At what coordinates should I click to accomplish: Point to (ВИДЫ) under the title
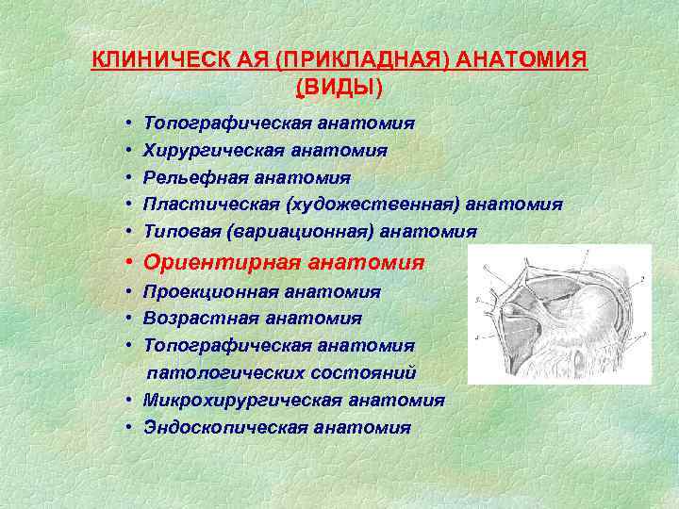(339, 88)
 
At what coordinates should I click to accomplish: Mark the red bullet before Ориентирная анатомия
(125, 263)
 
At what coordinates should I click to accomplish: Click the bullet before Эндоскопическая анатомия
(125, 427)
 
